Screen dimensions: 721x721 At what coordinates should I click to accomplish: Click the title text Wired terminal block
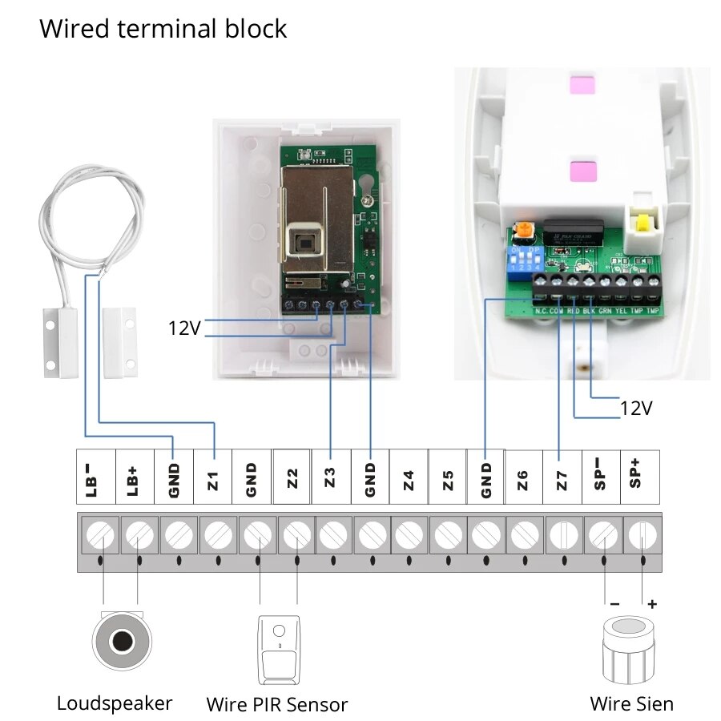(163, 29)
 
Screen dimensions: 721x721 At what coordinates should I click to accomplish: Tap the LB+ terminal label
(135, 478)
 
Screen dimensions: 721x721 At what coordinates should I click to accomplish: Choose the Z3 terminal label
(330, 478)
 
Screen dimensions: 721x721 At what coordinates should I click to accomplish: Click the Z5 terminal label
(448, 478)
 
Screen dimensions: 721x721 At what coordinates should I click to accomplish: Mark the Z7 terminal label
(562, 478)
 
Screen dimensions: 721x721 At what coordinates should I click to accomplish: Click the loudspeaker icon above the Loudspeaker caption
(122, 642)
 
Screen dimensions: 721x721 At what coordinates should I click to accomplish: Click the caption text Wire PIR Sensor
(277, 705)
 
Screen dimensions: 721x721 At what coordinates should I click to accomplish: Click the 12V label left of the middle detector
(183, 328)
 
